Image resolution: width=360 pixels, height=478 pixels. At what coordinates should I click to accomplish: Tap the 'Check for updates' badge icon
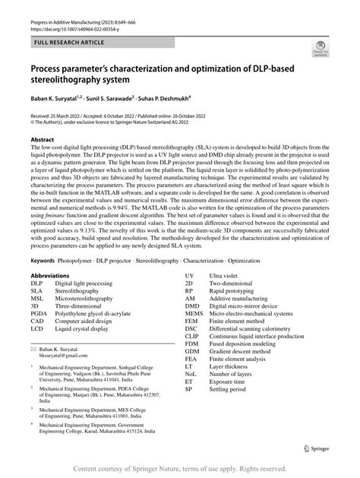(320, 50)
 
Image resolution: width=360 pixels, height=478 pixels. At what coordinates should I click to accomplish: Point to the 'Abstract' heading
(43, 141)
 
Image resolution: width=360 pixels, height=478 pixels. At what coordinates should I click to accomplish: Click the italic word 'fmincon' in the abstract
(51, 219)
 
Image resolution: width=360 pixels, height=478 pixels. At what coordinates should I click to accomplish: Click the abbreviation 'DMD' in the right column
(192, 303)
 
